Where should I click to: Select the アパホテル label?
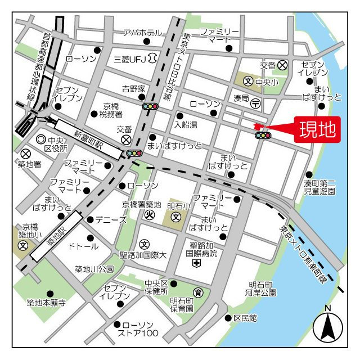[142, 33]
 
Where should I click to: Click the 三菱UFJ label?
[130, 58]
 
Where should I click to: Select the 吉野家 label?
[134, 89]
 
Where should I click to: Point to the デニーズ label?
[111, 219]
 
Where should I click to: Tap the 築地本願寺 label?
[46, 303]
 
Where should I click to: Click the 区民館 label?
[245, 318]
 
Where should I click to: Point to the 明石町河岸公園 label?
[260, 289]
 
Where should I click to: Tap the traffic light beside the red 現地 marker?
[262, 136]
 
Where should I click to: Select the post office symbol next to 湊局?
[255, 103]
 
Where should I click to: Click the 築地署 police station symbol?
[25, 154]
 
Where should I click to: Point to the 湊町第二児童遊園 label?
[319, 187]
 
